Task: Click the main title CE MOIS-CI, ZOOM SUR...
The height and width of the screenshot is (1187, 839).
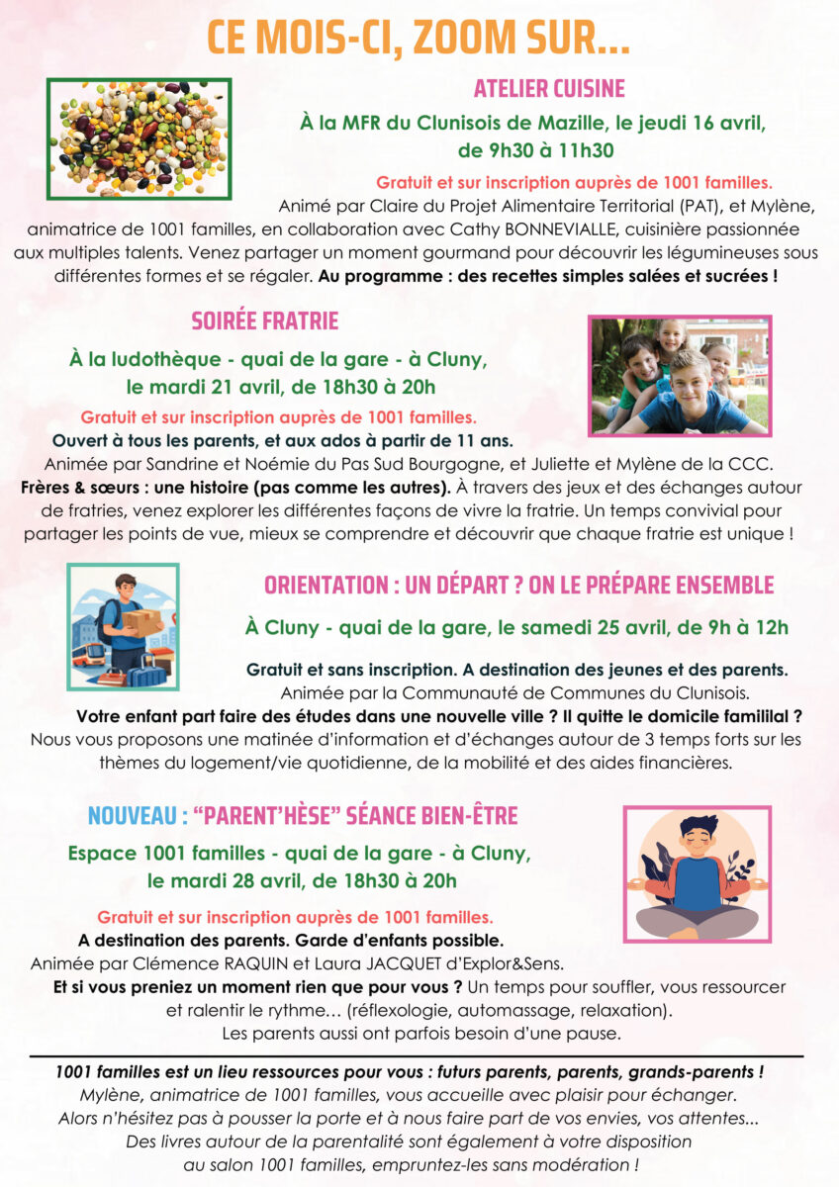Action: [419, 38]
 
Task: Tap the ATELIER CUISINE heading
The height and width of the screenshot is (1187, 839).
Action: [549, 89]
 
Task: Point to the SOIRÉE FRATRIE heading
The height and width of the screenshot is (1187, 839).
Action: [264, 321]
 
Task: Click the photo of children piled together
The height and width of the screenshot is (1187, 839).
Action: [679, 376]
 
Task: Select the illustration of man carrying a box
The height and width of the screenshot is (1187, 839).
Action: [124, 627]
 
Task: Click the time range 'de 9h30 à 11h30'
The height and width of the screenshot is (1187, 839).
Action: [535, 150]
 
